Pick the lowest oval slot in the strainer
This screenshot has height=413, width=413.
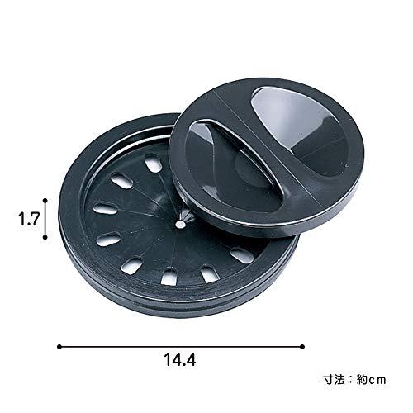[169, 277]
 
